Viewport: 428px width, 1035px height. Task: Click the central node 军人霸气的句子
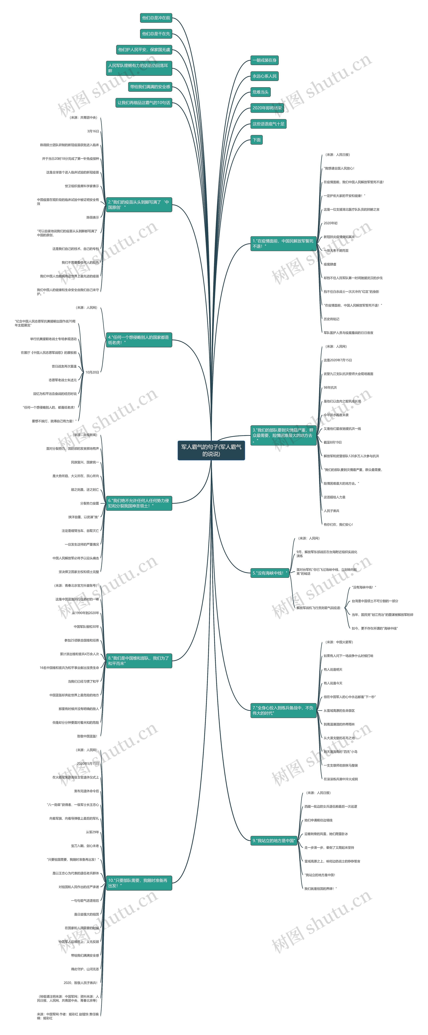coord(211,450)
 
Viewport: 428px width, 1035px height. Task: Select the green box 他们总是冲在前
coord(156,18)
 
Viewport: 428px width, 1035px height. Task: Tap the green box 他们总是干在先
coord(156,34)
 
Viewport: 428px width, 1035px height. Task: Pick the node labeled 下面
coord(257,140)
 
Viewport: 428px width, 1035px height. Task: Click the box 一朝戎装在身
coord(264,60)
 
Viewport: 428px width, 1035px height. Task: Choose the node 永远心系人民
coord(264,76)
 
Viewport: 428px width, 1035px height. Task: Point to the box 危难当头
coord(260,92)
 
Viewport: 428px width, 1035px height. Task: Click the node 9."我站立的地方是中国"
coord(273,841)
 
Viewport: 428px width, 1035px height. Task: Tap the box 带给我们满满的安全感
coord(150,87)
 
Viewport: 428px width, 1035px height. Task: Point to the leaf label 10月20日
coord(92,372)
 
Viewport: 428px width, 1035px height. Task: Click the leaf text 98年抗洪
coord(330,388)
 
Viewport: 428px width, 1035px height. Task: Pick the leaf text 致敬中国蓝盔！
coord(88,736)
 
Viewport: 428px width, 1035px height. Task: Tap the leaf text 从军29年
coord(92,832)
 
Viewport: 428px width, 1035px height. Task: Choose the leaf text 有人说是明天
coord(333,669)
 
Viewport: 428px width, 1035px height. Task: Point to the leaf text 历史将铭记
coord(331,319)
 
